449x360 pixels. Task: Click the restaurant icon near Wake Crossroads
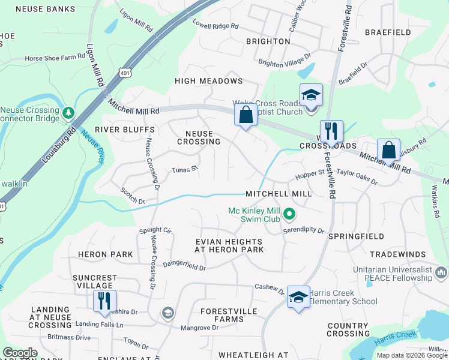(x=331, y=131)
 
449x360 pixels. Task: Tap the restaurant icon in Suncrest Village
(x=104, y=301)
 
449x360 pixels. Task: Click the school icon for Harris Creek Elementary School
(x=298, y=297)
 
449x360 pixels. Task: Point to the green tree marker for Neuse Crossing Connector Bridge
(x=69, y=112)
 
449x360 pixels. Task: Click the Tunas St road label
(x=185, y=170)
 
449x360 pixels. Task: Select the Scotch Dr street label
(x=133, y=197)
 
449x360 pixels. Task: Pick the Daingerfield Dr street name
(x=184, y=265)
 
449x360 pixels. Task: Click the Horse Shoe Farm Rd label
(x=55, y=58)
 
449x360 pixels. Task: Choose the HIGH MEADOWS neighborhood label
(x=208, y=81)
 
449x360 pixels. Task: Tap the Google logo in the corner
(x=20, y=353)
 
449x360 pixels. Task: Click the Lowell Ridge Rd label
(x=215, y=26)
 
